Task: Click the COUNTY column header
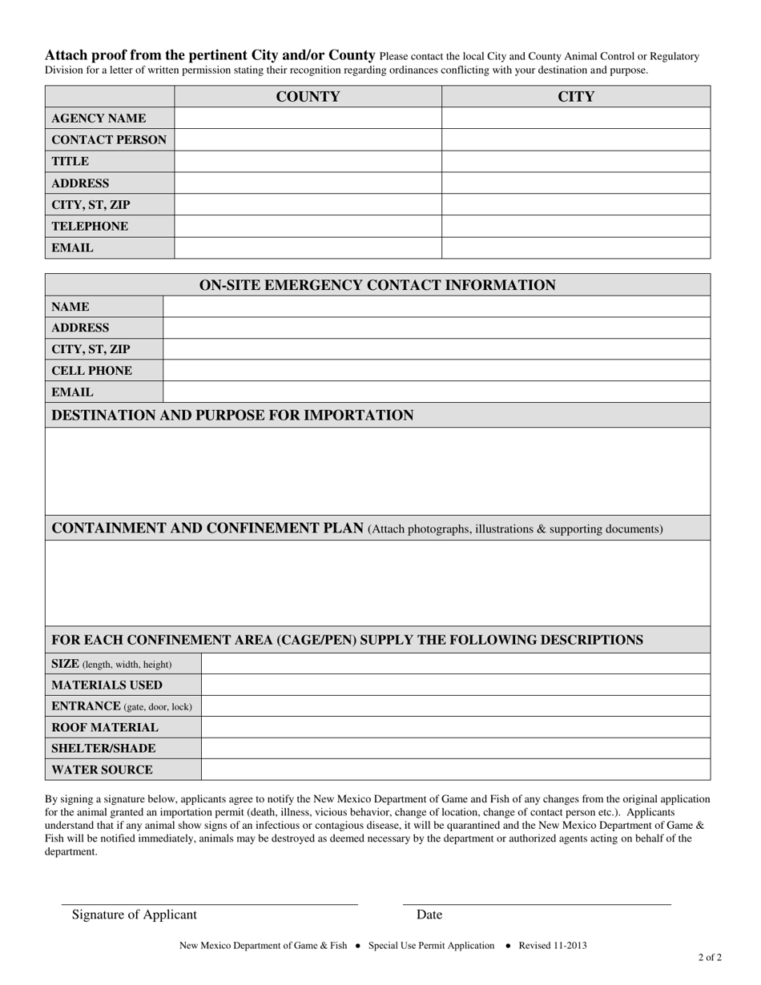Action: (308, 97)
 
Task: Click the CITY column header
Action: (576, 97)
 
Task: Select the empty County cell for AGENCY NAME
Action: (308, 119)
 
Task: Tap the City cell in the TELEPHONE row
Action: (576, 227)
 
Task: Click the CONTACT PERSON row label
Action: (109, 140)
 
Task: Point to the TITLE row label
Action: (70, 162)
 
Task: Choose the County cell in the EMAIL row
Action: (308, 248)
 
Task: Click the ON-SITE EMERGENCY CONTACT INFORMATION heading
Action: (377, 285)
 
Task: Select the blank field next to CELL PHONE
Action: (437, 371)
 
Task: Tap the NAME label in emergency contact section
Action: (70, 307)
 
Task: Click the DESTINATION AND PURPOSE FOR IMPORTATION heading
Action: (232, 416)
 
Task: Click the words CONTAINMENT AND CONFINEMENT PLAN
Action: (207, 529)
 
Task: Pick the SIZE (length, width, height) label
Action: (111, 664)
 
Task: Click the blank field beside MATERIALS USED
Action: (455, 685)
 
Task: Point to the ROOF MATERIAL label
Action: (105, 727)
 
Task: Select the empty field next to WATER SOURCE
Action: (455, 770)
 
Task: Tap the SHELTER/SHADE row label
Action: (103, 749)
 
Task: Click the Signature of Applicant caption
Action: (134, 915)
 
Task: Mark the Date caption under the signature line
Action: (429, 915)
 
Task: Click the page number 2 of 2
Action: (710, 957)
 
